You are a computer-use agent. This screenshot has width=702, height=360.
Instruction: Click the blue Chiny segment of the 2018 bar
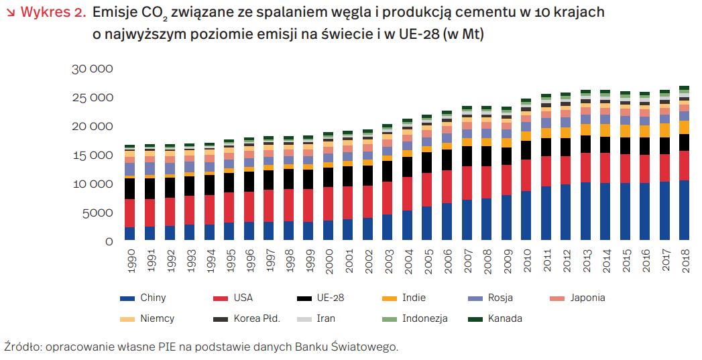(685, 211)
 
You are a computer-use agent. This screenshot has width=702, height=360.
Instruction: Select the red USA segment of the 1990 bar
(129, 213)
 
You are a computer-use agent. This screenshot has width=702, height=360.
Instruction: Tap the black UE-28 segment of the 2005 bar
(427, 162)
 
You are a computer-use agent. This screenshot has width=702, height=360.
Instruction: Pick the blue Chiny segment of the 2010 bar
(526, 216)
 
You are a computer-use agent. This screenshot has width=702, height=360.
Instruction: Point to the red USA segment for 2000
(328, 204)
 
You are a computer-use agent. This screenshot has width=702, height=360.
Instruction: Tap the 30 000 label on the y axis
(93, 69)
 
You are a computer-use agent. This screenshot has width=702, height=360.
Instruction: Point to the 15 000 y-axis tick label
(93, 156)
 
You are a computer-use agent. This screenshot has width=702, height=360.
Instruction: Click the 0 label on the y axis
(110, 241)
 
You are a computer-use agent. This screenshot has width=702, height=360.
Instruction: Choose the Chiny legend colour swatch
(127, 298)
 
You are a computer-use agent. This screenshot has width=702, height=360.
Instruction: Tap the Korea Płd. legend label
(256, 318)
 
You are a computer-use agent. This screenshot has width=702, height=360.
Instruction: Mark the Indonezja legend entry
(424, 318)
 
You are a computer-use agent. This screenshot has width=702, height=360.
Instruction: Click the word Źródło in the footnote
(21, 347)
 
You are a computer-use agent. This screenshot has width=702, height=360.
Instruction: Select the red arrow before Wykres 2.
(9, 13)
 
